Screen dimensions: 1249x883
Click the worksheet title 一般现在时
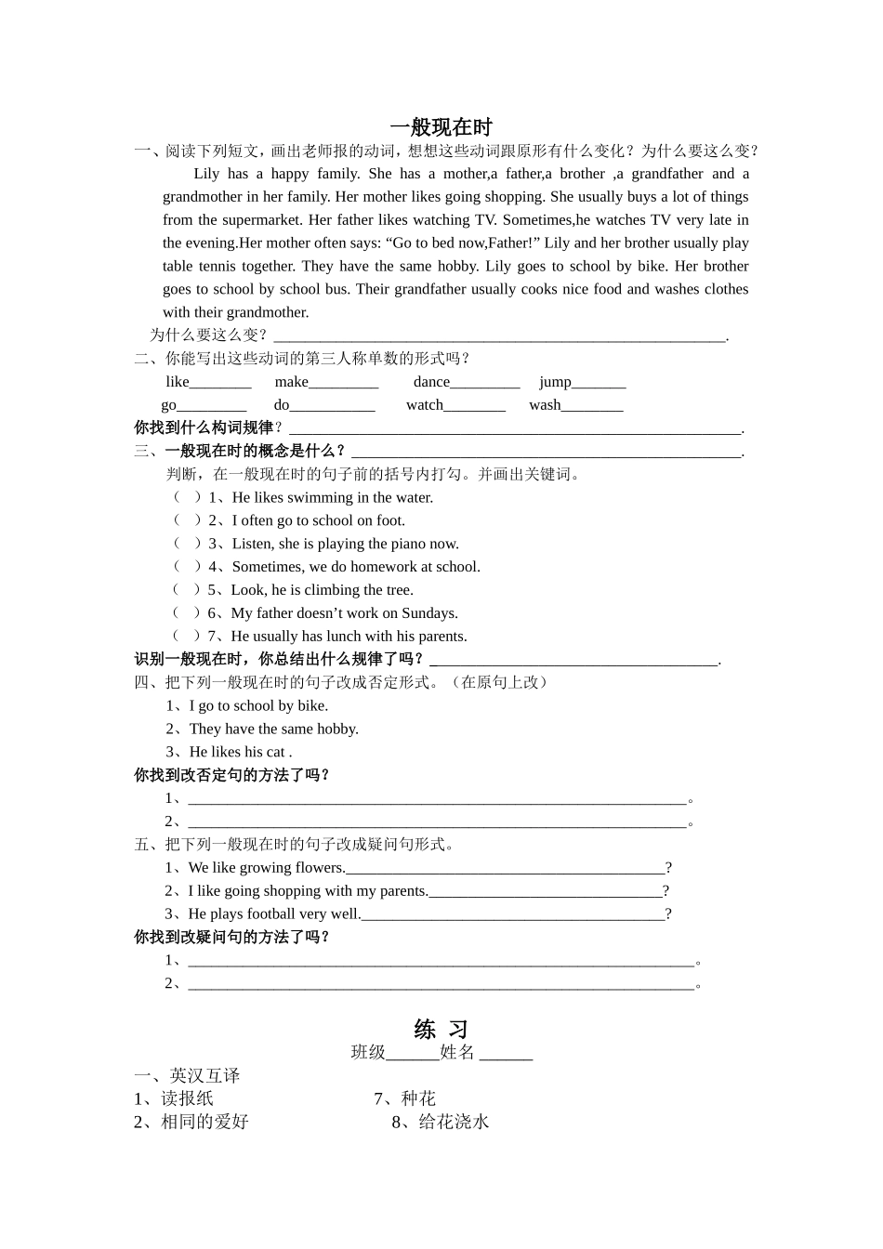click(x=441, y=127)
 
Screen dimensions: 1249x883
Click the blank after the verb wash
click(x=592, y=406)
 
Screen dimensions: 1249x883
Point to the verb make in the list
click(x=291, y=382)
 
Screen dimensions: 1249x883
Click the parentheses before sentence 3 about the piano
click(x=187, y=544)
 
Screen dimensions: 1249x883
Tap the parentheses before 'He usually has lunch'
click(x=187, y=636)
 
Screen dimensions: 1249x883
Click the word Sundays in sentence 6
click(x=428, y=613)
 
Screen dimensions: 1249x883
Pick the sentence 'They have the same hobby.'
click(x=273, y=729)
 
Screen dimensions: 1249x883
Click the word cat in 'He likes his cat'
click(x=275, y=752)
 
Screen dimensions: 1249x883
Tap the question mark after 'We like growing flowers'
click(x=668, y=868)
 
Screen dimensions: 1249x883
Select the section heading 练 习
click(x=441, y=1029)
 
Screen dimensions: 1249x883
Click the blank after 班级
click(x=412, y=1053)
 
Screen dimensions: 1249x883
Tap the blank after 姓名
click(x=506, y=1053)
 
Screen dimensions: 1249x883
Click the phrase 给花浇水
click(x=453, y=1122)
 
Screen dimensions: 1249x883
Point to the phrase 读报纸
click(x=187, y=1098)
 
